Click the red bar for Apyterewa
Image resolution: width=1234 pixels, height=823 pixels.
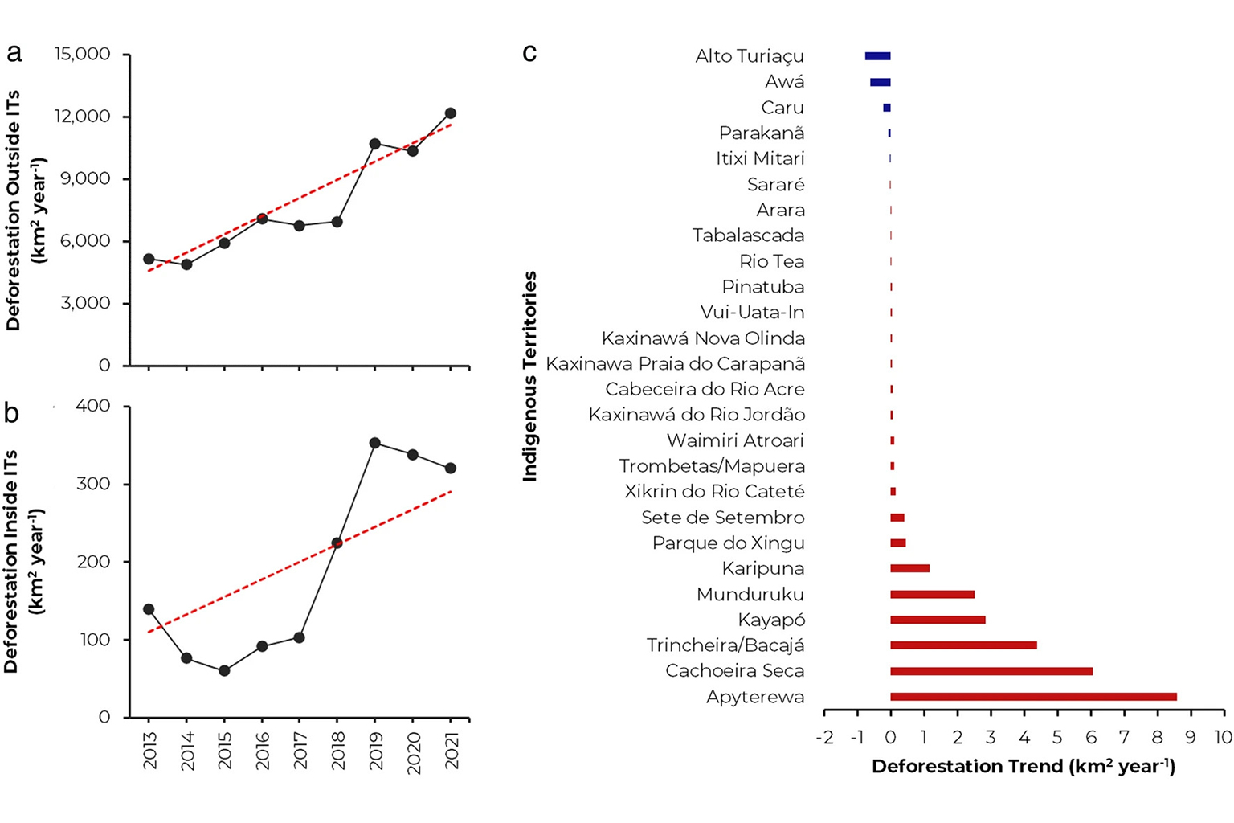[1032, 697]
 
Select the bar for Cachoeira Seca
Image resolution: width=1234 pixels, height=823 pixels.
[991, 671]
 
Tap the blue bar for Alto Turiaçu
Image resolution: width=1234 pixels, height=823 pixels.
[877, 56]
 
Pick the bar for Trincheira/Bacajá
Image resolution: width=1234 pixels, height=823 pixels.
[962, 645]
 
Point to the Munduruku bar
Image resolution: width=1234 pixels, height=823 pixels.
[932, 595]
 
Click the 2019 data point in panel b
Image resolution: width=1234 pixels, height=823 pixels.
[374, 443]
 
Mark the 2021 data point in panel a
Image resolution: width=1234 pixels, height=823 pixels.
[450, 113]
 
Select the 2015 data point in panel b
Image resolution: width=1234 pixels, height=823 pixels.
[224, 670]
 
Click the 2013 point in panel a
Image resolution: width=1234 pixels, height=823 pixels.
[149, 259]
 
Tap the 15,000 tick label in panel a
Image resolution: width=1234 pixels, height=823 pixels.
[82, 55]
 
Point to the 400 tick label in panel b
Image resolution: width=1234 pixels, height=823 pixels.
[92, 406]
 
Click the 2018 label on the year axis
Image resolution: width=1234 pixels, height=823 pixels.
[338, 751]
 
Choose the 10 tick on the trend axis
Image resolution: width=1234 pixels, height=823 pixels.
[1223, 737]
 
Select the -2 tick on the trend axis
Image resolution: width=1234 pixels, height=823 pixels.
[824, 737]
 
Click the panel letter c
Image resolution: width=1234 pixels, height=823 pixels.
[529, 53]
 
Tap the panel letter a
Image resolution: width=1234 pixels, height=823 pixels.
[14, 53]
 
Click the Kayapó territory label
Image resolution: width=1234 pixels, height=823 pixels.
[771, 620]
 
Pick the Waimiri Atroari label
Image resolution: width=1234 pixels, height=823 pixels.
[735, 440]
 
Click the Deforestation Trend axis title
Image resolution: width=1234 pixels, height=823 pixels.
[1023, 766]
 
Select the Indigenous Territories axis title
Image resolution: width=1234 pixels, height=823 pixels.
[529, 376]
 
